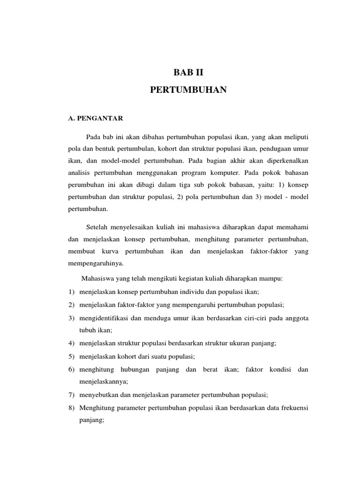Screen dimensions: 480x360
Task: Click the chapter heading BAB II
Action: click(x=188, y=73)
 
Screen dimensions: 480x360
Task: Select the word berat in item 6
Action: click(x=211, y=369)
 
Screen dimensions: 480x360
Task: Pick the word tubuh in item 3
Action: click(x=88, y=330)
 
